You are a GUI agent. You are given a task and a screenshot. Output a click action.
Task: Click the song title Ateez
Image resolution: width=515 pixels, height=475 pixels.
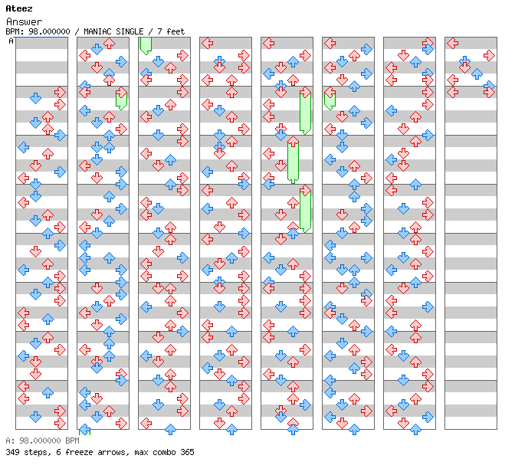coord(18,8)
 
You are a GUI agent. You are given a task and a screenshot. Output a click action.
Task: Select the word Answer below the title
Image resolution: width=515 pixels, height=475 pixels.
coord(24,21)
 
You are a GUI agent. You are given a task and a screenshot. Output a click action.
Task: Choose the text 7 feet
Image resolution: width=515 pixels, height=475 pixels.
coord(171,31)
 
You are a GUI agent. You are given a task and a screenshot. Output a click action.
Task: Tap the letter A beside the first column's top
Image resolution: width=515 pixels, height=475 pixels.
coord(11,41)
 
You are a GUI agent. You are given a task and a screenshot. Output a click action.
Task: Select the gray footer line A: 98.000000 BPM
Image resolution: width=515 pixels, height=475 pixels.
coord(42,441)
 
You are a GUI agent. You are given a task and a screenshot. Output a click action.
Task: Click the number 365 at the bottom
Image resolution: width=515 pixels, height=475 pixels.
coord(187,452)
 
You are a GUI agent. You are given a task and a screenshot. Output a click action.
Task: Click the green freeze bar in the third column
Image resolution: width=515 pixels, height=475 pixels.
coord(146,46)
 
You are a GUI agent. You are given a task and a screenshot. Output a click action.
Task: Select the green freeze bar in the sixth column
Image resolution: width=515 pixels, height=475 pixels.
coord(330,99)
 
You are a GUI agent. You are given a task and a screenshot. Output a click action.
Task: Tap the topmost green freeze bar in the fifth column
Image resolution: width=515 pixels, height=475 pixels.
coord(305,111)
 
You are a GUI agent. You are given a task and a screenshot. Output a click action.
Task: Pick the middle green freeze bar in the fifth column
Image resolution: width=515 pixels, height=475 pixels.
coord(293,161)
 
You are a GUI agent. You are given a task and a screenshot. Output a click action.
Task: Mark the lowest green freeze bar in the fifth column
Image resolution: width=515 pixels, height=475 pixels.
coord(305,208)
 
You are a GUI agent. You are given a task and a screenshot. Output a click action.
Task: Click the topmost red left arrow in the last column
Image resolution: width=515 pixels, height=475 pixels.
coord(452,44)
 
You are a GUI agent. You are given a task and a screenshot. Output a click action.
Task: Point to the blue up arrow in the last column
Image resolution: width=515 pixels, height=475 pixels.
coord(477,74)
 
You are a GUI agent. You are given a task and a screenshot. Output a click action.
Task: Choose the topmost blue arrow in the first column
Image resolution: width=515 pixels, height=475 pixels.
coord(35,98)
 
